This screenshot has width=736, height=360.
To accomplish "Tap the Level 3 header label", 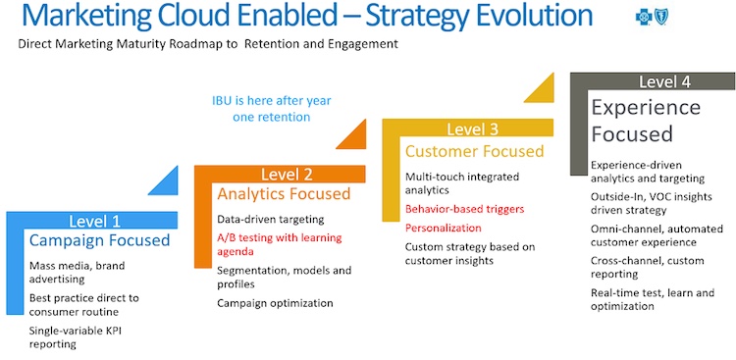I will coord(472,129).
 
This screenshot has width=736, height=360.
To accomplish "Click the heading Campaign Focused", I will coord(99,240).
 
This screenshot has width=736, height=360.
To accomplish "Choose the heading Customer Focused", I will coord(474,151).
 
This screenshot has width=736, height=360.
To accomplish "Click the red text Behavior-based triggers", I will coord(465,209).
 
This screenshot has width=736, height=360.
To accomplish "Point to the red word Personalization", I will coord(444,228).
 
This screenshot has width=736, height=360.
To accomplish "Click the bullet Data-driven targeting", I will coord(270,219).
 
